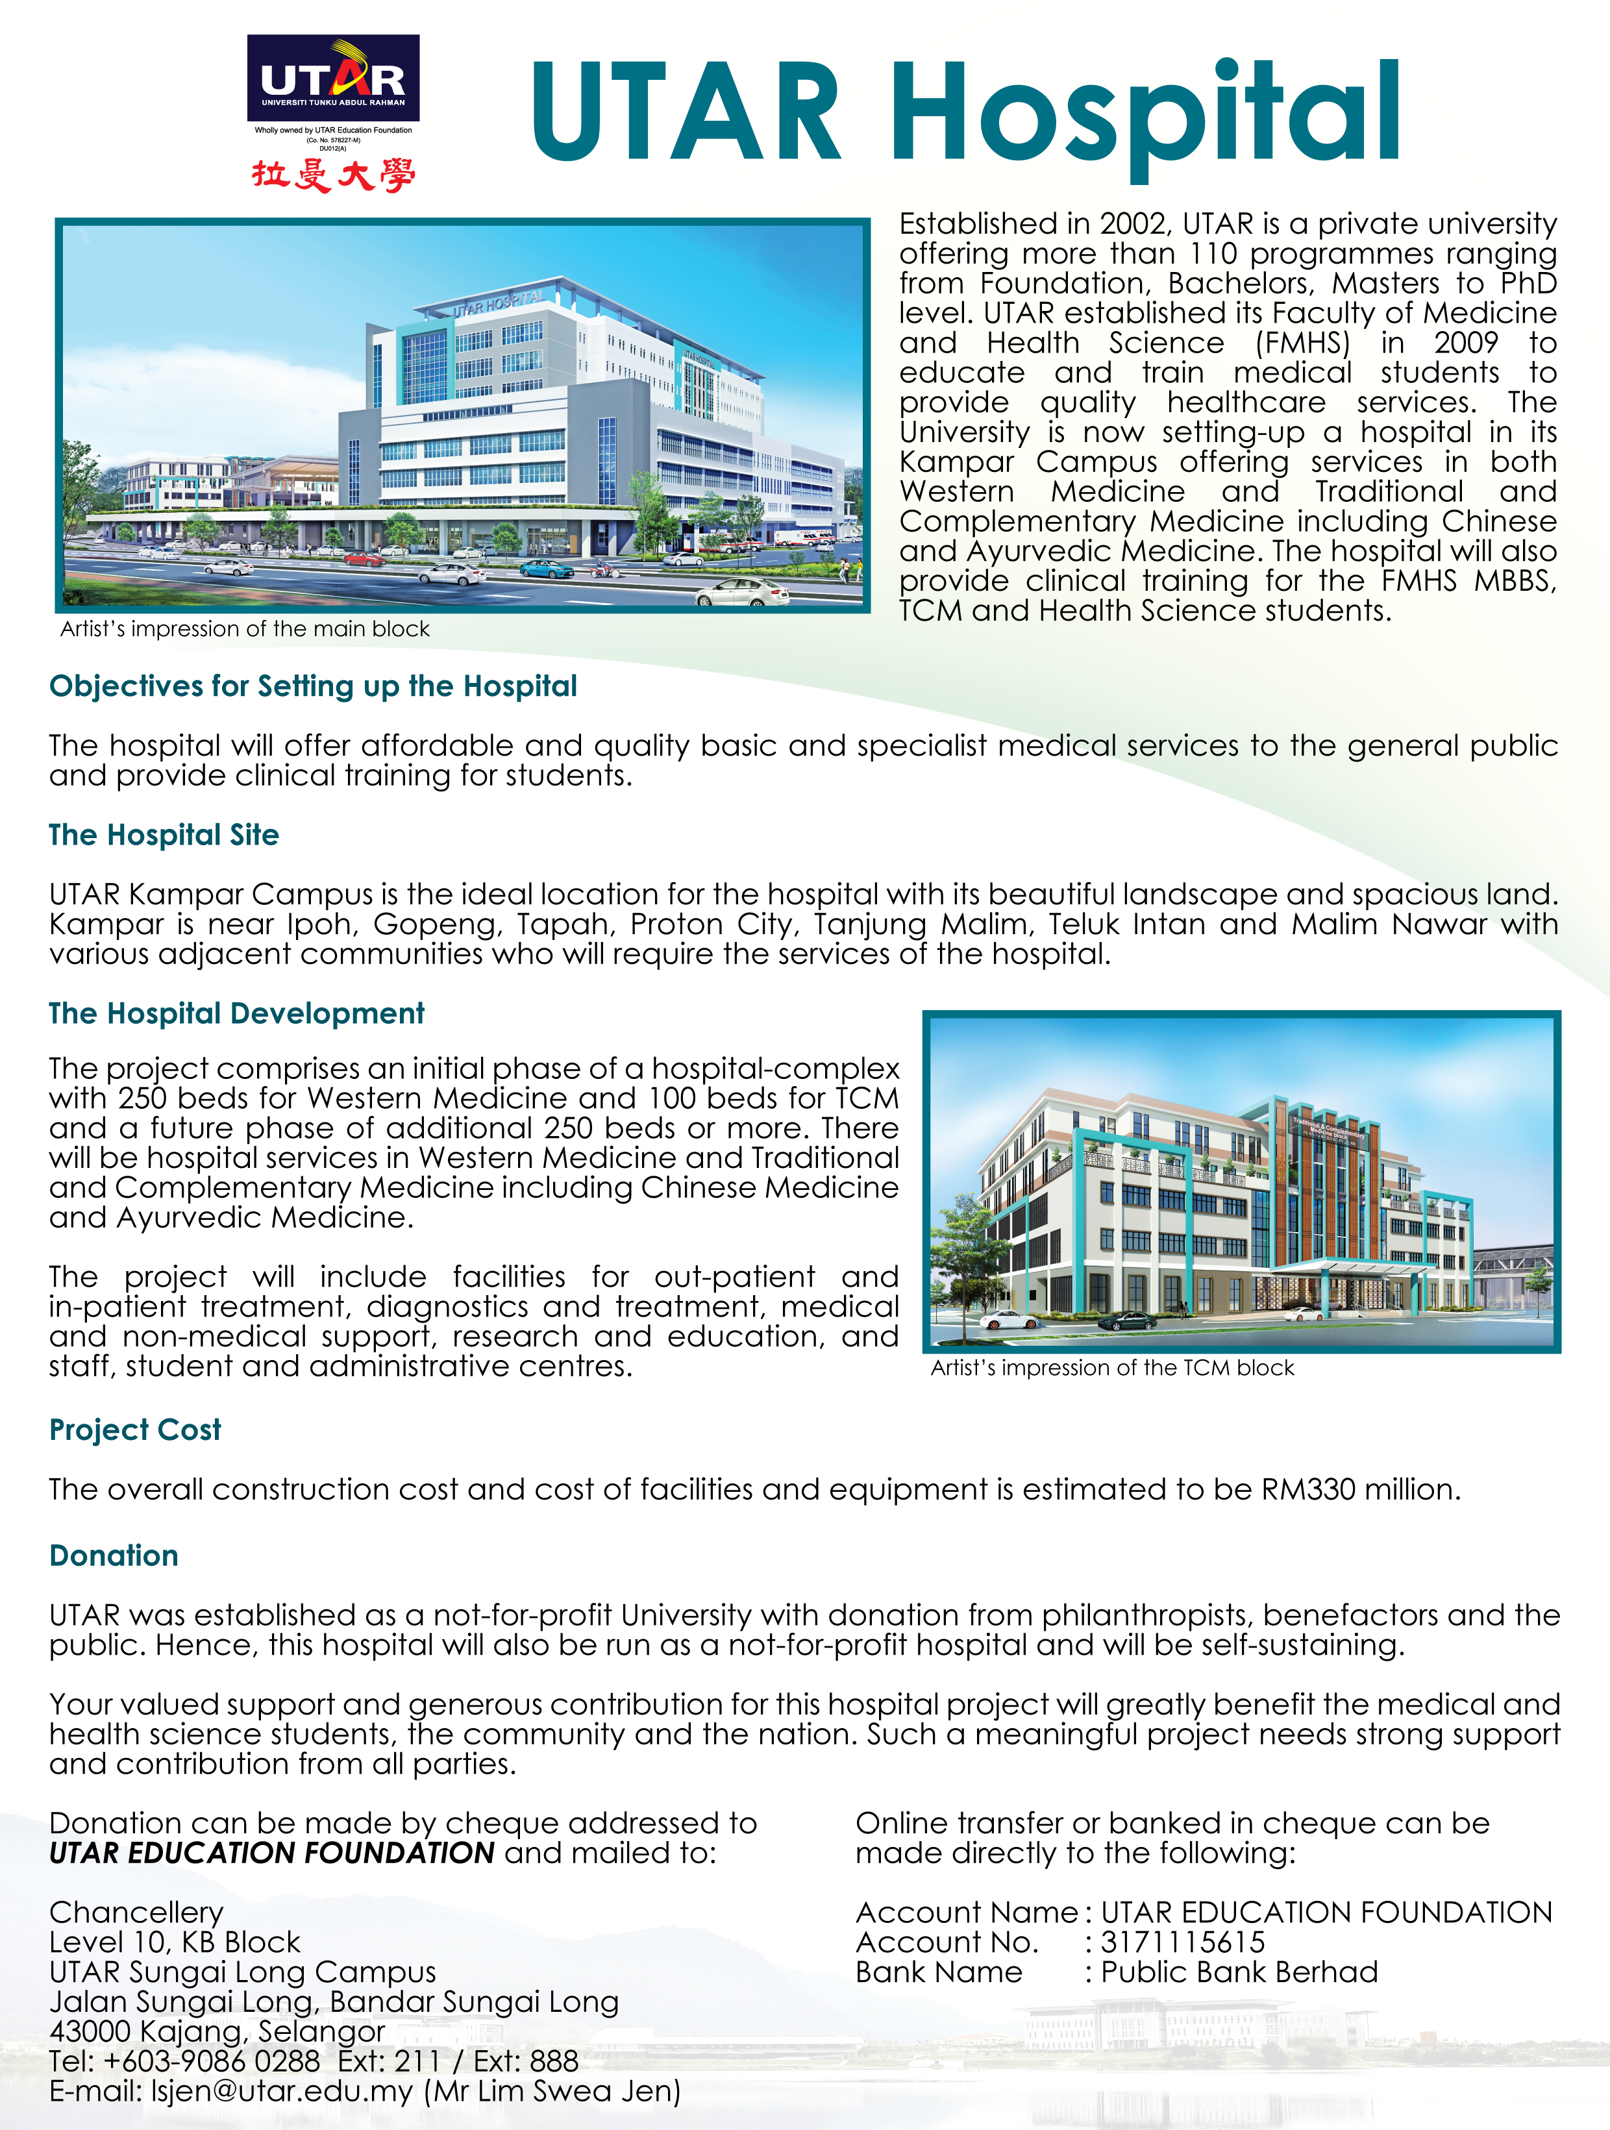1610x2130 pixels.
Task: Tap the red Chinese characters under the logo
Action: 333,175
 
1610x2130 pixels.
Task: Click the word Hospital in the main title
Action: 1145,113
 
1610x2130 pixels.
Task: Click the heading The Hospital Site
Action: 164,834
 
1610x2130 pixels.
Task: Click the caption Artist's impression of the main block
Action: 245,629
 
